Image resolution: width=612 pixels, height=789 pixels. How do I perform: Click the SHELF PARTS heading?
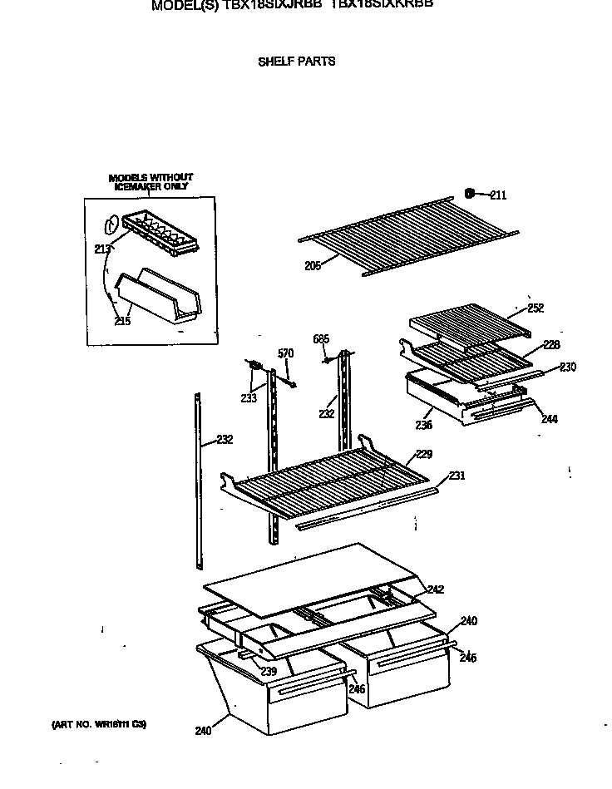297,62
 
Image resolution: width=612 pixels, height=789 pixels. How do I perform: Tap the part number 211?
497,196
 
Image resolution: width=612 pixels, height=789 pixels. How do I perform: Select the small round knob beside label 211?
470,194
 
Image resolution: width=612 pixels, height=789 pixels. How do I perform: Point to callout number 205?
313,266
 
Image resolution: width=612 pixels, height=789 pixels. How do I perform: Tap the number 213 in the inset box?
101,248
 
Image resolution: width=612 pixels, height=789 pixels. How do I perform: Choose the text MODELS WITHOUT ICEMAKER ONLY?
151,182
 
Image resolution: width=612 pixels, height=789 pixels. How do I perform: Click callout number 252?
535,308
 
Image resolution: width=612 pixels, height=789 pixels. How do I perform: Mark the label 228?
551,345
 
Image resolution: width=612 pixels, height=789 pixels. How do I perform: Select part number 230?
567,367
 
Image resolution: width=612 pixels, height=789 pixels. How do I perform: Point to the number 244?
549,419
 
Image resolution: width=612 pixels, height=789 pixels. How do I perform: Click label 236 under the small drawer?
424,426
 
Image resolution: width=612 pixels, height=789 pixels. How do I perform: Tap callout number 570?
285,353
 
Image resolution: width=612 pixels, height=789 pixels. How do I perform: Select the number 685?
321,338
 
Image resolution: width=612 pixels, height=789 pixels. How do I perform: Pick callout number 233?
248,398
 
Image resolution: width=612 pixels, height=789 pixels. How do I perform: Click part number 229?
424,454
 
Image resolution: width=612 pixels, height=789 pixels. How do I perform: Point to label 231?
457,476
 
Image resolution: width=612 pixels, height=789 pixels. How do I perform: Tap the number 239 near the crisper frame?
268,672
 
